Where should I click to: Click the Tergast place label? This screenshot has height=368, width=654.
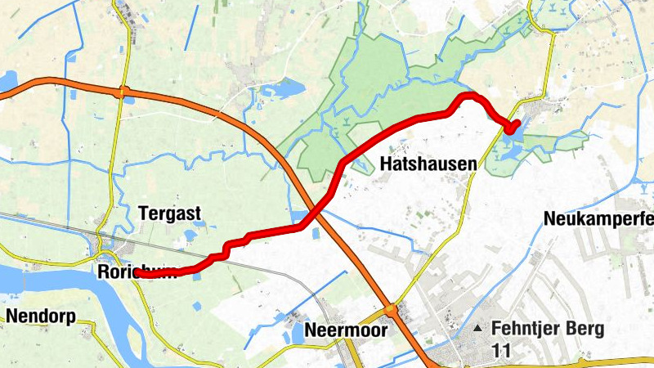tap(169, 213)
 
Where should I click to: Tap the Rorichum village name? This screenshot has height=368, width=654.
tap(136, 271)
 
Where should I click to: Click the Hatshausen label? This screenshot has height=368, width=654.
tap(428, 164)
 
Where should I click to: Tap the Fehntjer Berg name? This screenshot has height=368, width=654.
tap(548, 329)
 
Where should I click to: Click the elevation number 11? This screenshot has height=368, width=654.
tap(501, 349)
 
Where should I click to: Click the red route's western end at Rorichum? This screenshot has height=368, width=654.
tap(139, 276)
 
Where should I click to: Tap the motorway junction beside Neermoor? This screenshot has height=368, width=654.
tap(392, 310)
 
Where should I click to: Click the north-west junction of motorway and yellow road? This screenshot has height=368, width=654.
tap(123, 92)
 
